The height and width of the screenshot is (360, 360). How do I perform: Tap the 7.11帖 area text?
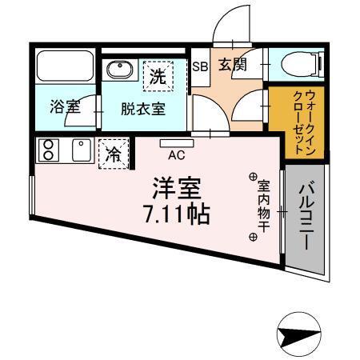[x=178, y=214]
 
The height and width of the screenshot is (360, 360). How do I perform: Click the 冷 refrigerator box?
[x=113, y=153]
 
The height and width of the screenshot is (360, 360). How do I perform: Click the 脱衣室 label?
[x=143, y=110]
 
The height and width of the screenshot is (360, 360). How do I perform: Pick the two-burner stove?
[x=48, y=150]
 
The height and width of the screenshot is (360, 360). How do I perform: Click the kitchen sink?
[x=81, y=150]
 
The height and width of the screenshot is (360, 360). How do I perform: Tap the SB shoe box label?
[x=199, y=67]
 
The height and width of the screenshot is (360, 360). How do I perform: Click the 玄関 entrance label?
[x=232, y=65]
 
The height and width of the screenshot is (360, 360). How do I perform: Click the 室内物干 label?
[x=263, y=206]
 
